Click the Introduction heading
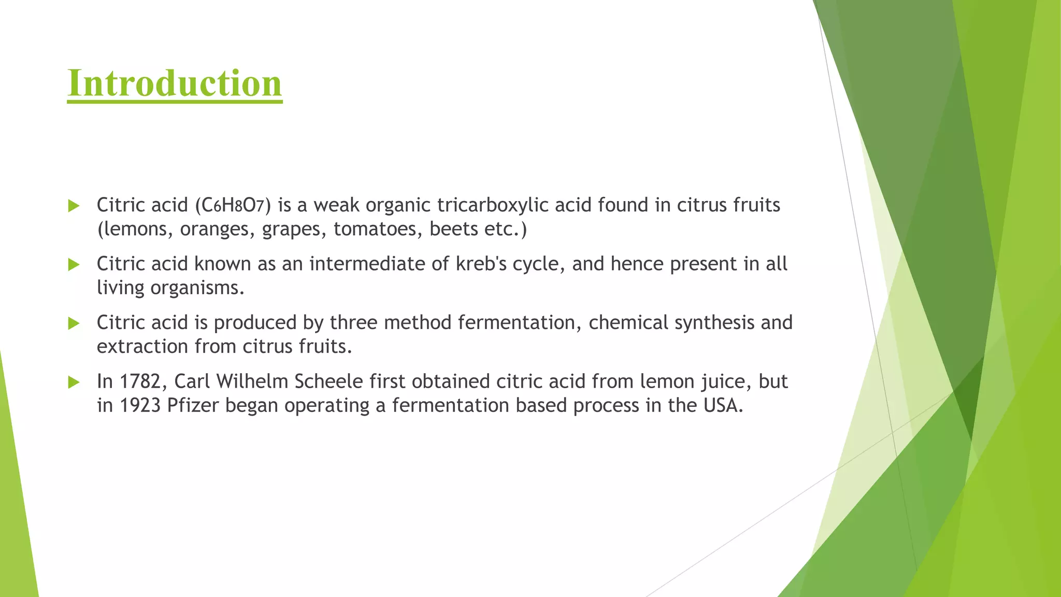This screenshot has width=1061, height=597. [x=175, y=83]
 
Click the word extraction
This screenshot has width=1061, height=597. [x=142, y=347]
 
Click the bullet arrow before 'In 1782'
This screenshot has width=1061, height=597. [x=74, y=382]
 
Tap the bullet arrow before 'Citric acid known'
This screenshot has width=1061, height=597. [x=74, y=265]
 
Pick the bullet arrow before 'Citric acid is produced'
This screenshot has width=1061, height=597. [x=74, y=324]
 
